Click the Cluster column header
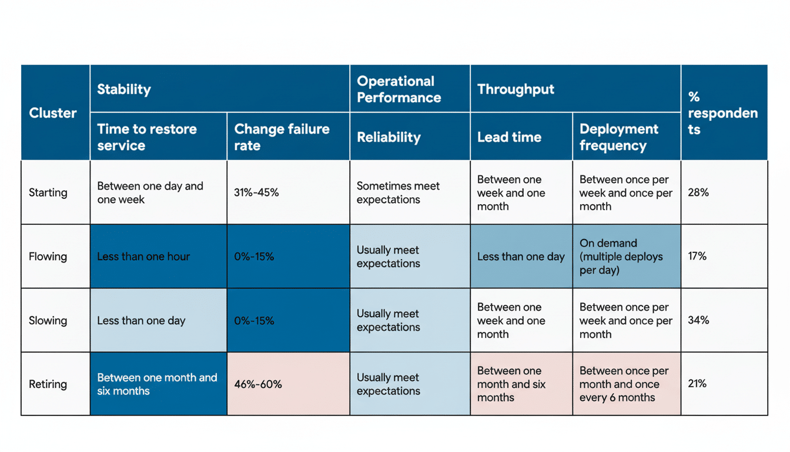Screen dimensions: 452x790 pyautogui.click(x=53, y=113)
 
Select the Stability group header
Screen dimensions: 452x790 pyautogui.click(x=124, y=89)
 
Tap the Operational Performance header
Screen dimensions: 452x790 pyautogui.click(x=399, y=89)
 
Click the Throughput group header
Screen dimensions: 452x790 pyautogui.click(x=515, y=89)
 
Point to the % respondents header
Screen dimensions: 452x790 pyautogui.click(x=722, y=113)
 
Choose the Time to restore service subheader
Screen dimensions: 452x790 pyautogui.click(x=147, y=137)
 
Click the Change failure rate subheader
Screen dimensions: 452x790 pyautogui.click(x=282, y=137)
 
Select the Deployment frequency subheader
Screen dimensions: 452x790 pyautogui.click(x=619, y=137)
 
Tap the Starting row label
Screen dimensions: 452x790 pyautogui.click(x=48, y=192)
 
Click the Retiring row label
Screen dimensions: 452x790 pyautogui.click(x=48, y=384)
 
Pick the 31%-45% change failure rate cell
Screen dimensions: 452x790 pyautogui.click(x=256, y=192)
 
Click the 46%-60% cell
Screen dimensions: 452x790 pyautogui.click(x=258, y=384)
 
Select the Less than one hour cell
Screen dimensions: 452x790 pyautogui.click(x=143, y=257)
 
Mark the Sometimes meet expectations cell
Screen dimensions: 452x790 pyautogui.click(x=398, y=192)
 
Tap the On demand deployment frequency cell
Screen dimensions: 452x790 pyautogui.click(x=621, y=257)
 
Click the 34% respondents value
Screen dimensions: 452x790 pyautogui.click(x=698, y=320)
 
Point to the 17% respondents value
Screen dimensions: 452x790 pyautogui.click(x=697, y=257)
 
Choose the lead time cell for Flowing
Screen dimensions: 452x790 pyautogui.click(x=521, y=257)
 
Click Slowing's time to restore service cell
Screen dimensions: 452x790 pyautogui.click(x=141, y=321)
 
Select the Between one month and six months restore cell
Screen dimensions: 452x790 pyautogui.click(x=157, y=384)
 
